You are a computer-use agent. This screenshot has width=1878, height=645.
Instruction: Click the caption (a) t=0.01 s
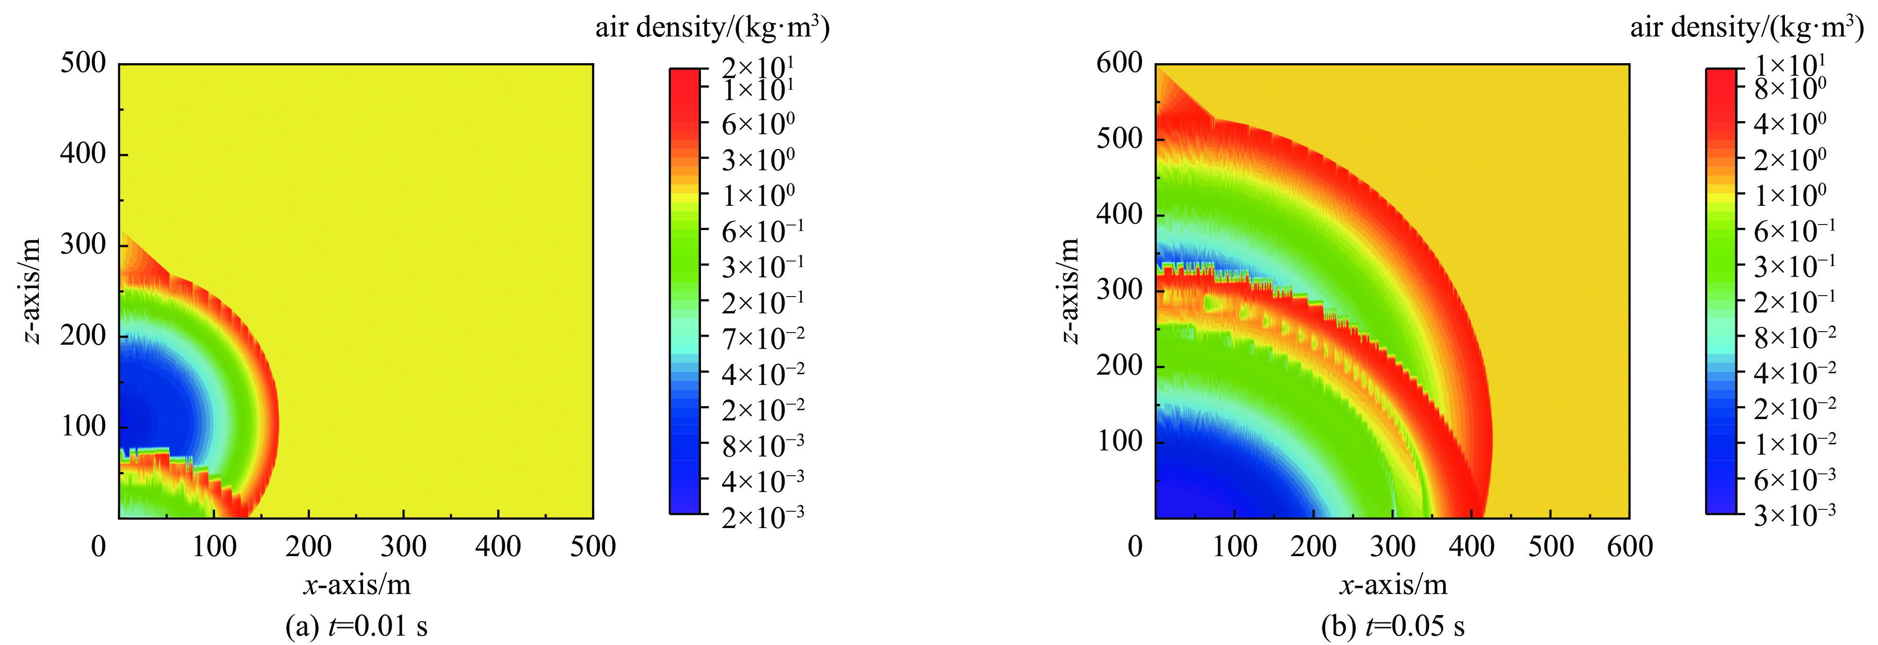tap(356, 626)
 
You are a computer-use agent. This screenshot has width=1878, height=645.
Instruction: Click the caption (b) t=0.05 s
tap(1393, 626)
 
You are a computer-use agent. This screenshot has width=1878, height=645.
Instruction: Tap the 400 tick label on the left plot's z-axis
tap(82, 154)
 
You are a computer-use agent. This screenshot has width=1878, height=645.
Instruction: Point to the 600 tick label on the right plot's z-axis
tap(1119, 64)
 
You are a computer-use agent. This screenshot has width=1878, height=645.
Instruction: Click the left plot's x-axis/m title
tap(356, 585)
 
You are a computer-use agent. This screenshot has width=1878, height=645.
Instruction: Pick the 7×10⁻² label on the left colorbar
tap(763, 337)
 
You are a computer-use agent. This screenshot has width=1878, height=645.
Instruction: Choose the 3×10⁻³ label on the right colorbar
tap(1795, 515)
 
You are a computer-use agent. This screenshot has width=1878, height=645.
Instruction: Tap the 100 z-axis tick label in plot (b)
tap(1119, 441)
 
